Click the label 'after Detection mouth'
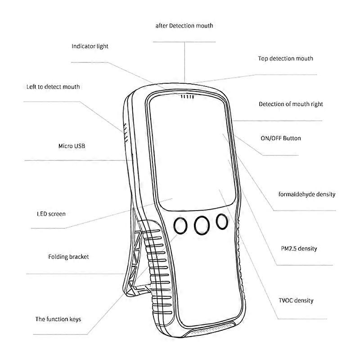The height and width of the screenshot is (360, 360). (184, 26)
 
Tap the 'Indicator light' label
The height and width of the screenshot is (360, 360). (90, 46)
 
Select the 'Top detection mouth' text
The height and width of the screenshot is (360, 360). (285, 58)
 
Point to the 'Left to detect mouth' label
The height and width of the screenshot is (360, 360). (53, 86)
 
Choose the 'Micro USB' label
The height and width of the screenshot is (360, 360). (72, 146)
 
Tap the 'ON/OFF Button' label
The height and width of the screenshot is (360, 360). (281, 139)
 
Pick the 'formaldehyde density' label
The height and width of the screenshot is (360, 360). (307, 194)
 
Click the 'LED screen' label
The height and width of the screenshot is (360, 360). (51, 214)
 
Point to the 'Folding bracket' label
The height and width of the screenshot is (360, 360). (68, 257)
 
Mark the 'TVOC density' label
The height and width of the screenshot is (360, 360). (296, 301)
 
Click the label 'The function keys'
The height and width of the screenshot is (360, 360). (58, 319)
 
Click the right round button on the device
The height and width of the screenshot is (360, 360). (221, 221)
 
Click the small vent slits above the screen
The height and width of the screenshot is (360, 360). (187, 96)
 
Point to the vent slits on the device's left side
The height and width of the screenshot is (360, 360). (124, 132)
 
